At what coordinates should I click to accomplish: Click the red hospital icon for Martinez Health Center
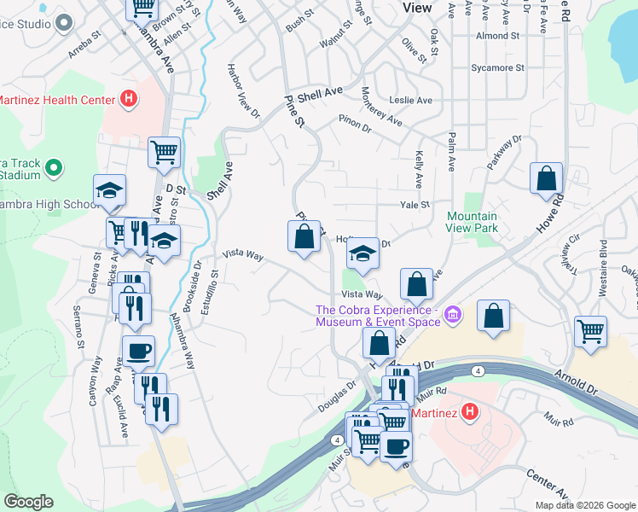tap(128, 100)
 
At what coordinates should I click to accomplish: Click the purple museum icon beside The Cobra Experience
tap(453, 316)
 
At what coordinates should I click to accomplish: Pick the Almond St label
tap(498, 36)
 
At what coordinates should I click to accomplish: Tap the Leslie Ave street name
tap(410, 100)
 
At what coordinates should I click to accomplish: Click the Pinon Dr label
tap(355, 123)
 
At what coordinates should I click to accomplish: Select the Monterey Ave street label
tap(381, 107)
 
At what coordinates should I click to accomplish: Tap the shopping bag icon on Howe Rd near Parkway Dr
tap(546, 179)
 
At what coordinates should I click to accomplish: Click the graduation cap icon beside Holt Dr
tap(362, 253)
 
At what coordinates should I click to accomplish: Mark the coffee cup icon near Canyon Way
tap(138, 349)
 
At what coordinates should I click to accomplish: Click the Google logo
tap(28, 502)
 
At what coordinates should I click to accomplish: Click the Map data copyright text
tap(584, 505)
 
